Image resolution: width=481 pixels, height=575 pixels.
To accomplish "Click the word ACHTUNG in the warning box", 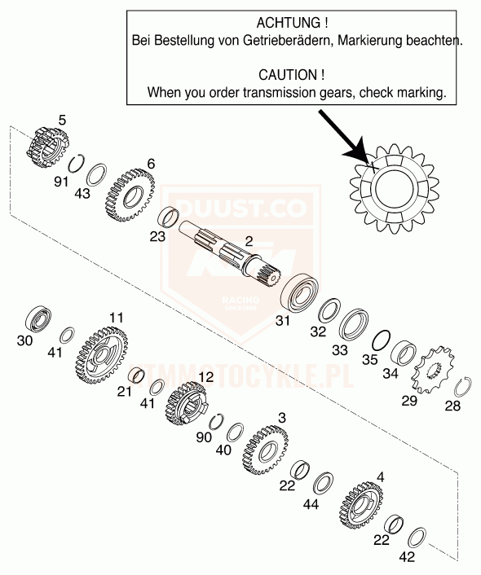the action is (x=288, y=23).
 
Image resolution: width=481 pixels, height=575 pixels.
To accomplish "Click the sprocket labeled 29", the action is (x=433, y=370).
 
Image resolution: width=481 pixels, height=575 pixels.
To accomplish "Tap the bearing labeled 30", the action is (x=38, y=318).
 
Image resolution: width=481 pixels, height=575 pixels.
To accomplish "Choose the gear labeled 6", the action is (x=130, y=195).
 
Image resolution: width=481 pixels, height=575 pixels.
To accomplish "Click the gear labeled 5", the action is (x=48, y=147).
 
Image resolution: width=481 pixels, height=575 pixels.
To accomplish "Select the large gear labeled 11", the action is (x=103, y=356).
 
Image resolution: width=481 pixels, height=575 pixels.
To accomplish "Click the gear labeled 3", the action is (x=265, y=450).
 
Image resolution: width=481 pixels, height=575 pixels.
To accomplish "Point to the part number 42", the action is (x=407, y=556).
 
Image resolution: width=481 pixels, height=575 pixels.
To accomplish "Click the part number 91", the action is (x=61, y=181).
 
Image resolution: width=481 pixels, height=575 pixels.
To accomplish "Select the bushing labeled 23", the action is (x=168, y=217).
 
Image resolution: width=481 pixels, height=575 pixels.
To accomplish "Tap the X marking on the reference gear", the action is (x=372, y=167).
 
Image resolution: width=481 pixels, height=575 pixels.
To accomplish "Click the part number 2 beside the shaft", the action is (x=249, y=241).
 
